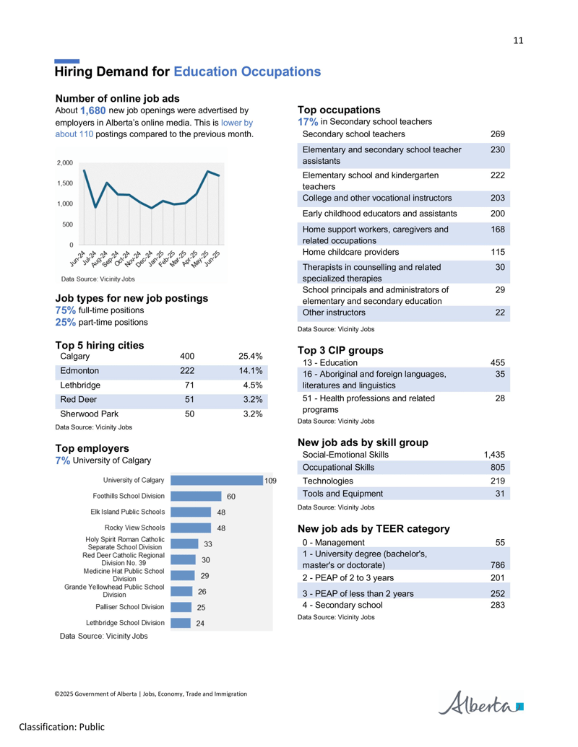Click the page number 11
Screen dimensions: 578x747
(518, 40)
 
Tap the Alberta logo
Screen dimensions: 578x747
(480, 703)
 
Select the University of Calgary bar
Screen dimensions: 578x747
(217, 480)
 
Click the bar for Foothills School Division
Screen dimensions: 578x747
(196, 496)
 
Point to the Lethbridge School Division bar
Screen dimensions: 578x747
(181, 623)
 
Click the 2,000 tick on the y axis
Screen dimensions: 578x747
(65, 163)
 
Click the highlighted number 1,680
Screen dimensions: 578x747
(93, 110)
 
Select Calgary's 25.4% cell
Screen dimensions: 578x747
(251, 357)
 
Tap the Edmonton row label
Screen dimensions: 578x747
(79, 371)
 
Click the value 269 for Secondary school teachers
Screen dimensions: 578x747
(497, 134)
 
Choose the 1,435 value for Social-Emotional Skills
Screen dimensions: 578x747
(494, 455)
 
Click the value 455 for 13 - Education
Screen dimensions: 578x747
(497, 362)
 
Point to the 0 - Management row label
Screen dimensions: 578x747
(333, 543)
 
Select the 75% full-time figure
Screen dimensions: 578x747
(65, 310)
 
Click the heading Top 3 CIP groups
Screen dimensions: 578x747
(340, 351)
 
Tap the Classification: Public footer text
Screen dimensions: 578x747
(62, 727)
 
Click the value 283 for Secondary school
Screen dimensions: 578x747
(497, 605)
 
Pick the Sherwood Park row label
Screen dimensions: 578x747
(89, 414)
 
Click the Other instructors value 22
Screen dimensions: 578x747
(500, 313)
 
